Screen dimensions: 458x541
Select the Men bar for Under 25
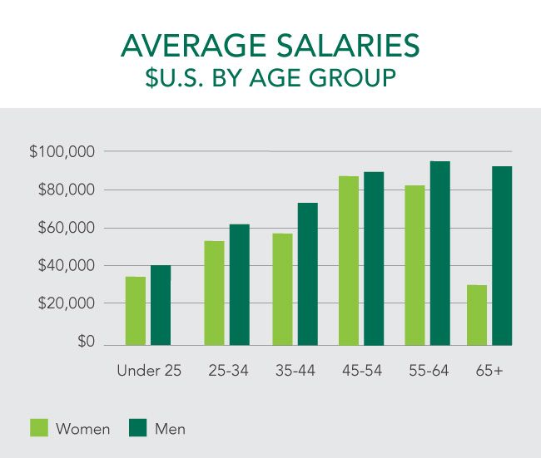tap(161, 305)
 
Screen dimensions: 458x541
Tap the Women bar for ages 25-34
tap(214, 293)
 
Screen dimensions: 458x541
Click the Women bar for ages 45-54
tap(349, 260)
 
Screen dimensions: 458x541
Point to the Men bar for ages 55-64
tap(439, 253)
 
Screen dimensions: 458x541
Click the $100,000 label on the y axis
tap(62, 152)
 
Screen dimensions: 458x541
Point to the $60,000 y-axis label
tap(66, 228)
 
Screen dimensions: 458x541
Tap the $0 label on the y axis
tap(87, 342)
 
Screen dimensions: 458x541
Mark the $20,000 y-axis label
tap(66, 303)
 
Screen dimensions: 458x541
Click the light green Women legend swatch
tap(39, 428)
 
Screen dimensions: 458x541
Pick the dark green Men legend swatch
tap(139, 428)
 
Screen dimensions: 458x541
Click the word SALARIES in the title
tap(350, 46)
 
